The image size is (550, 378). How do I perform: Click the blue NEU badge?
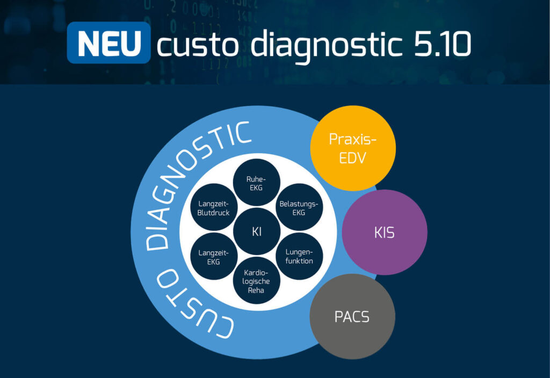click(108, 43)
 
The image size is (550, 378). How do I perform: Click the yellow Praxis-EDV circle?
click(353, 148)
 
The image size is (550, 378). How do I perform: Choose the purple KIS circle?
click(385, 232)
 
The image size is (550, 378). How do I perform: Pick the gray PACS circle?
click(352, 316)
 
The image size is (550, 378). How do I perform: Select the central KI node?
click(257, 232)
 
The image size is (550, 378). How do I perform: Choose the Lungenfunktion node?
click(299, 256)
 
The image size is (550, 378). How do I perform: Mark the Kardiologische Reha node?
click(257, 281)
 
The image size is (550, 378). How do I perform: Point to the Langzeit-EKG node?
click(214, 256)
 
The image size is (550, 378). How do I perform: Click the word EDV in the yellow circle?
click(353, 158)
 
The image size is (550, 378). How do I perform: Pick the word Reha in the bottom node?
click(257, 290)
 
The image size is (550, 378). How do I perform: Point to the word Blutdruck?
click(214, 213)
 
